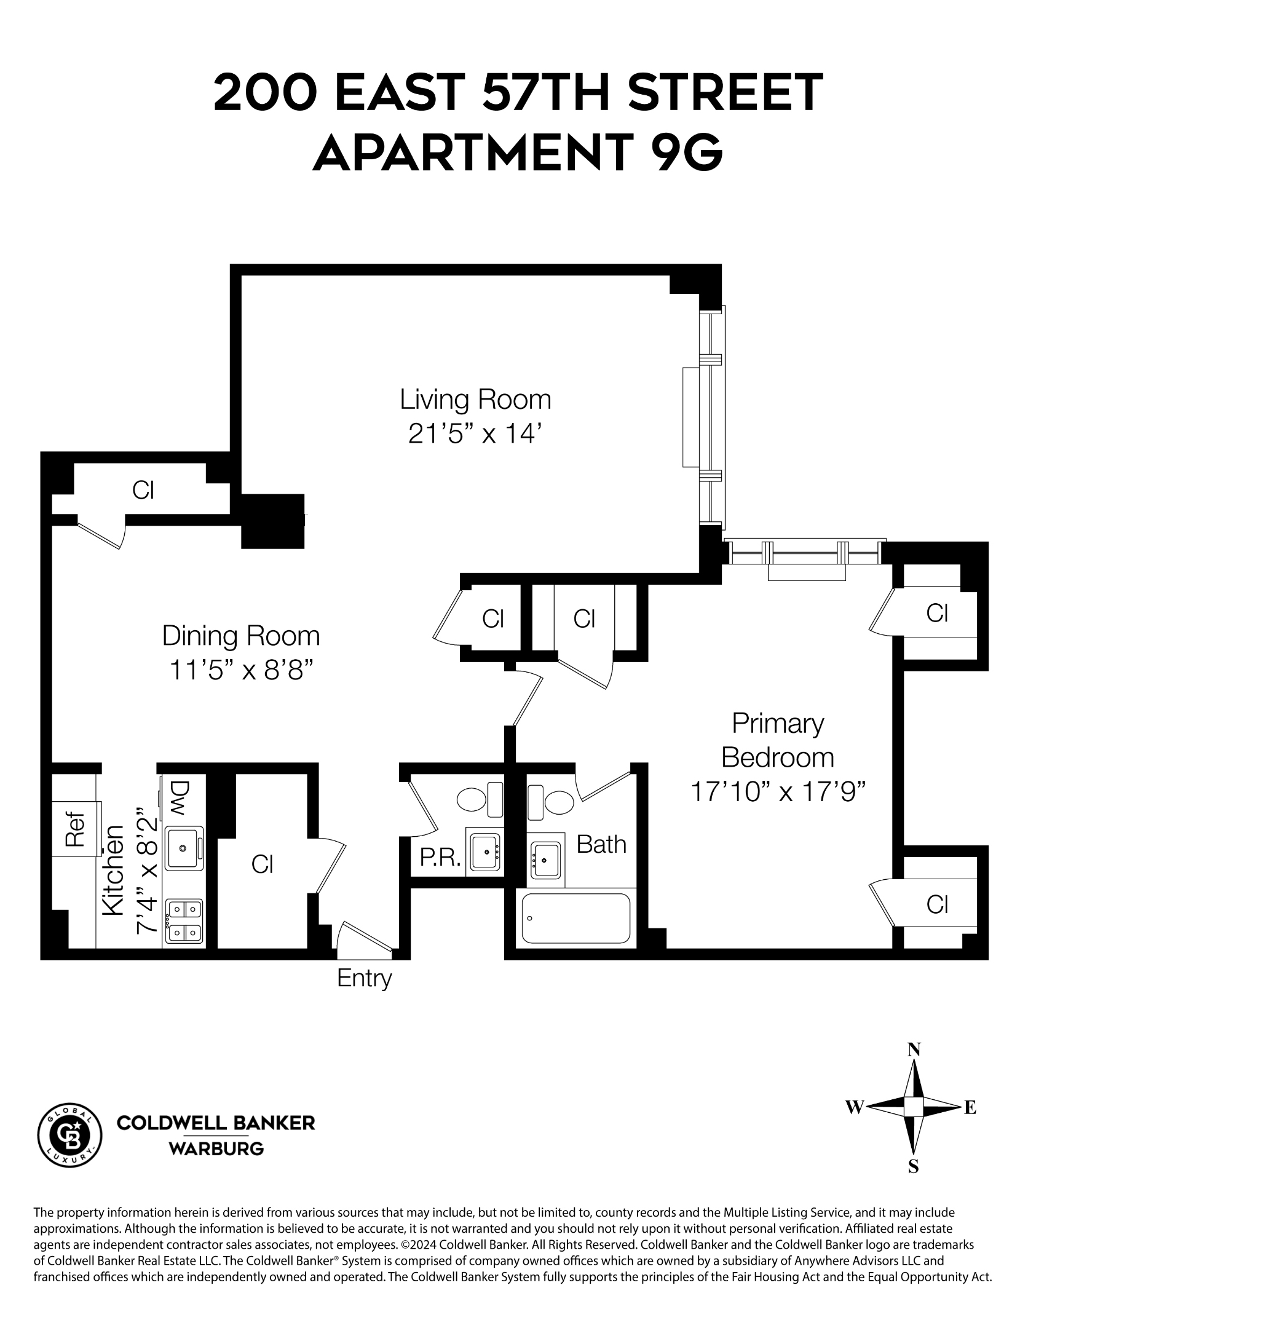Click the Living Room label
coord(475,399)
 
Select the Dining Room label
coord(240,636)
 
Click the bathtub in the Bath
coord(575,918)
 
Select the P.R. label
coord(440,858)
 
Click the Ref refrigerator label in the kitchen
coord(74,829)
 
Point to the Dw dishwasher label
coord(179,797)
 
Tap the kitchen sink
coord(184,848)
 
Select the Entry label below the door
coord(364,978)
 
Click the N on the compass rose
coord(913,1049)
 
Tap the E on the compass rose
coord(970,1107)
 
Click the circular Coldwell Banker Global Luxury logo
coord(69,1134)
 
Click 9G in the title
coord(686,152)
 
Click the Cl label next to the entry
coord(261,864)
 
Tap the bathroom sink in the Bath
coord(545,859)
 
